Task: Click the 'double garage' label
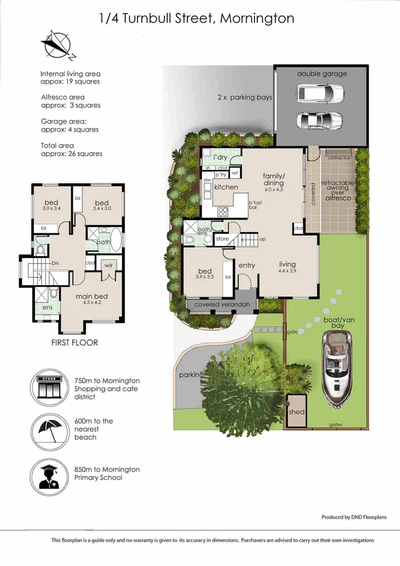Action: point(322,73)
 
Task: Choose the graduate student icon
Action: point(50,476)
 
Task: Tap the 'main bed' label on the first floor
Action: point(92,297)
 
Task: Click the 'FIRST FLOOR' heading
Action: point(74,343)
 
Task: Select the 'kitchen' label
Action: point(226,187)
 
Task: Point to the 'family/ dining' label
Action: point(273,179)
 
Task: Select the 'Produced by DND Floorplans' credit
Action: point(354,517)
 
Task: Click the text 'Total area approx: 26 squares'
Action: point(71,150)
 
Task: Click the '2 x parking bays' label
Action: point(245,97)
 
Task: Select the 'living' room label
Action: point(287,264)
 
